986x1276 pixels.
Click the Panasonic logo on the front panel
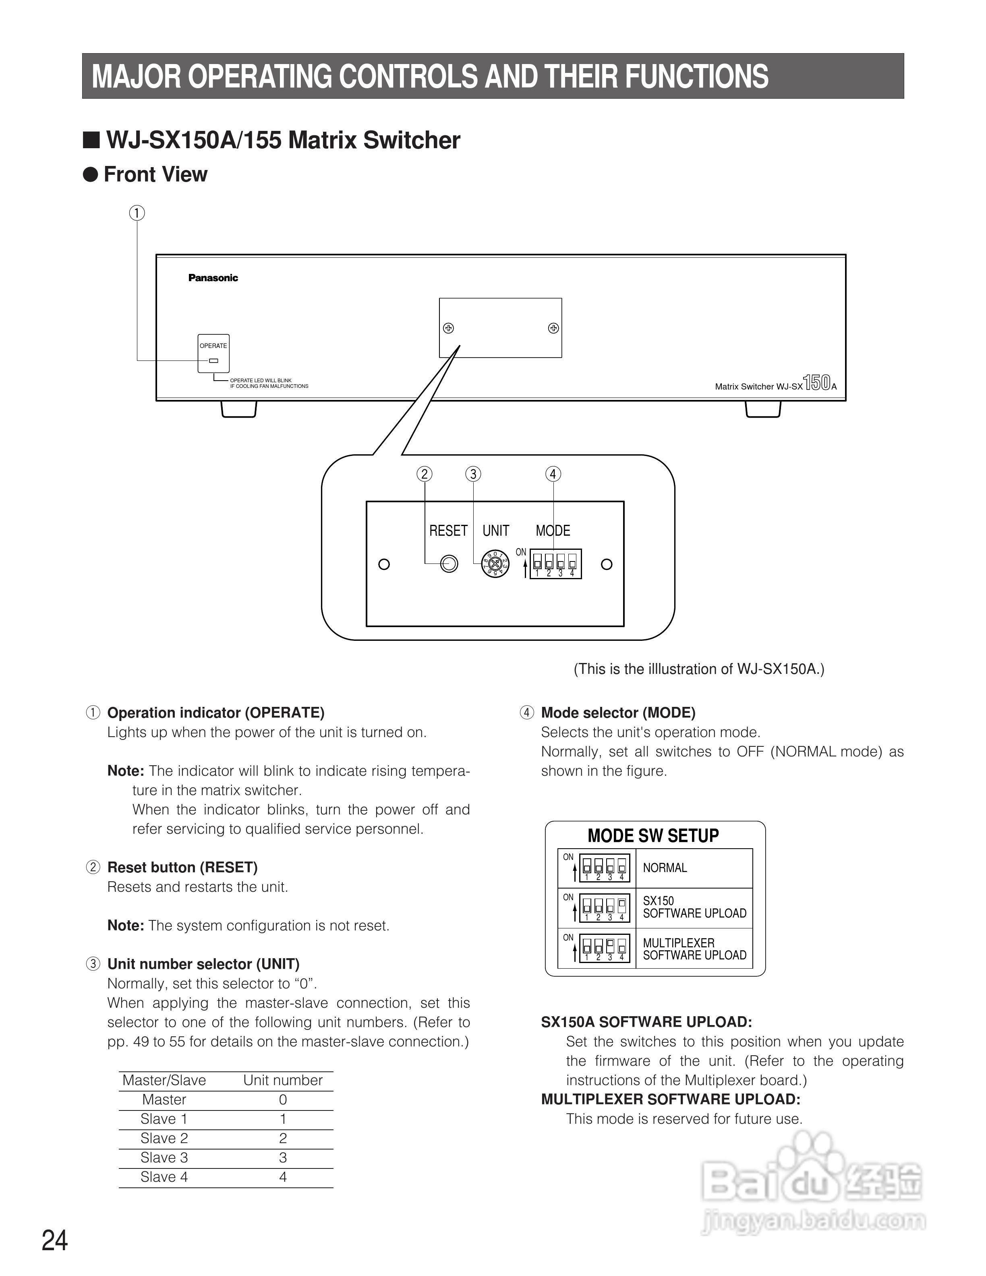(213, 278)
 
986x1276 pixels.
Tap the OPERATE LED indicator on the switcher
(214, 360)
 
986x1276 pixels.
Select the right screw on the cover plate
(553, 328)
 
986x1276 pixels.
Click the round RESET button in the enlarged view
(449, 564)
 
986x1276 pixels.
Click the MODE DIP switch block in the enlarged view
(555, 564)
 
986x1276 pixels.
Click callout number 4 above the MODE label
(553, 474)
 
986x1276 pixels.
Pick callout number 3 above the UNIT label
(473, 474)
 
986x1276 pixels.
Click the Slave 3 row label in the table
(164, 1158)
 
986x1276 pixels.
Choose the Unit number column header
(283, 1080)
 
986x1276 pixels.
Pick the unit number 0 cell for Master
(283, 1100)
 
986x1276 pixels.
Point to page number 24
(55, 1241)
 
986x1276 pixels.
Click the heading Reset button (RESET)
(182, 868)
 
